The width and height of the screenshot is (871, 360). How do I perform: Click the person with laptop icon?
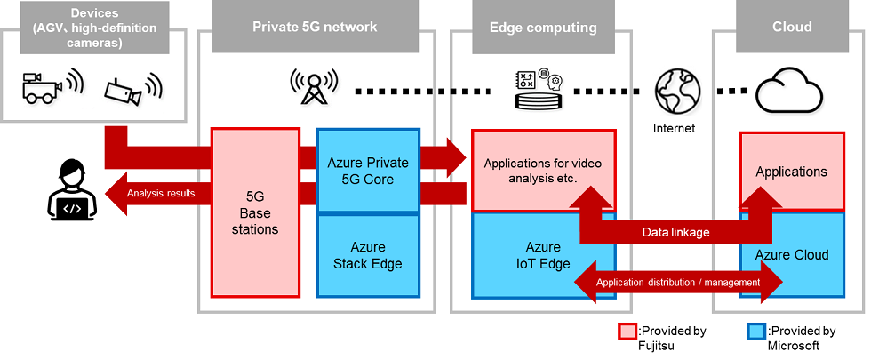point(70,190)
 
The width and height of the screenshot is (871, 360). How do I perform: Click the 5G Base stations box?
point(255,213)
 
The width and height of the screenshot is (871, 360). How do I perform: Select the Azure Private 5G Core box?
point(368,171)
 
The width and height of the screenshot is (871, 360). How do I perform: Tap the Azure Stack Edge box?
point(368,255)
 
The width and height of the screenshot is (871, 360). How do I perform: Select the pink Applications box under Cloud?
point(791,172)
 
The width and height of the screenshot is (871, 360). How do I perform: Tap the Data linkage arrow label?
point(676,231)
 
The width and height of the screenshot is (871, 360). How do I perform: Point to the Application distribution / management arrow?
point(678,283)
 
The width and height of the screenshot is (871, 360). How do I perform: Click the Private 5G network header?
point(315,27)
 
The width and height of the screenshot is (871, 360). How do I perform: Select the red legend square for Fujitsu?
point(627,332)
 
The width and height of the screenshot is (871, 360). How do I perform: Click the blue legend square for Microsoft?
point(755,332)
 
